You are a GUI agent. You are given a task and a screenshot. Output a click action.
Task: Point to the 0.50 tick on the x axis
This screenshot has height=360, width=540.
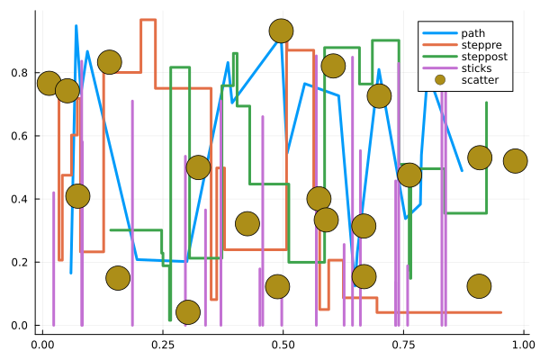[283, 343]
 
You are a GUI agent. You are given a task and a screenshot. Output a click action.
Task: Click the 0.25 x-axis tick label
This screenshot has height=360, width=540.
[162, 343]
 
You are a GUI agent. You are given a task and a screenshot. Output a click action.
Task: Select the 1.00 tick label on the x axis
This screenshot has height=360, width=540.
[523, 343]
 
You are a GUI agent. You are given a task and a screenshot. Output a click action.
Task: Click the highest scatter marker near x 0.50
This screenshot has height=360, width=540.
[281, 31]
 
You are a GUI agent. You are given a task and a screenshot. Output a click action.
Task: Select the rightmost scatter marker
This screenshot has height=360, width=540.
[515, 161]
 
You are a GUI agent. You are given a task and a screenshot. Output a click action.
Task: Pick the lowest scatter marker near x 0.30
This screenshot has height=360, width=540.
[187, 311]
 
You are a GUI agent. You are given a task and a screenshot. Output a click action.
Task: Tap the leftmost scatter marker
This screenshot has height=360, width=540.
[49, 83]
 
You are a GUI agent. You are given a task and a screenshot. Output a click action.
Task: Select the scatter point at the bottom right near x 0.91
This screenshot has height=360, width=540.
[480, 286]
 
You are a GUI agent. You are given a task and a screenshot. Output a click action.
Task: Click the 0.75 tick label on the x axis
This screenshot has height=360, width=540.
[402, 343]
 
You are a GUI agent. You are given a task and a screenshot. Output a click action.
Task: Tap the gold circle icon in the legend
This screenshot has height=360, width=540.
[438, 80]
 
